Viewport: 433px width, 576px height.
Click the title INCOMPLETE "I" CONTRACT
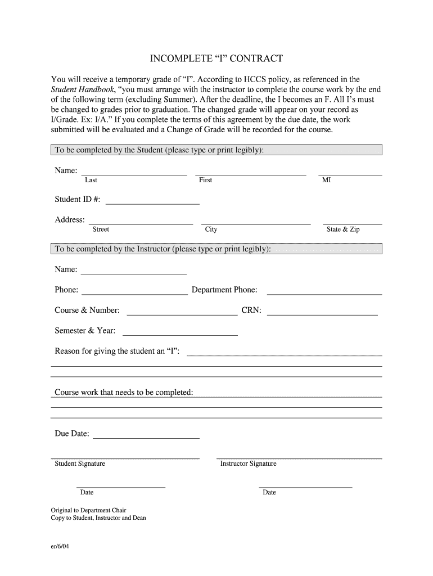(x=216, y=58)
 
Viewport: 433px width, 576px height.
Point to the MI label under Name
(x=326, y=180)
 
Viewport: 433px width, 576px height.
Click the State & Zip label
(x=343, y=229)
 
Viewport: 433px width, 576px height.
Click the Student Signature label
(x=80, y=463)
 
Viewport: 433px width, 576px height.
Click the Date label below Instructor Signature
(x=269, y=492)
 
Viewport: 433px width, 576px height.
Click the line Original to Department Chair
(x=88, y=511)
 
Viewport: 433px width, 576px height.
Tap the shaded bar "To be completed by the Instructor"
(x=216, y=249)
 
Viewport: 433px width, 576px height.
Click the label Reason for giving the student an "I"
(x=117, y=351)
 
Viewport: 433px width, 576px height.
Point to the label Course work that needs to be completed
(x=124, y=392)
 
